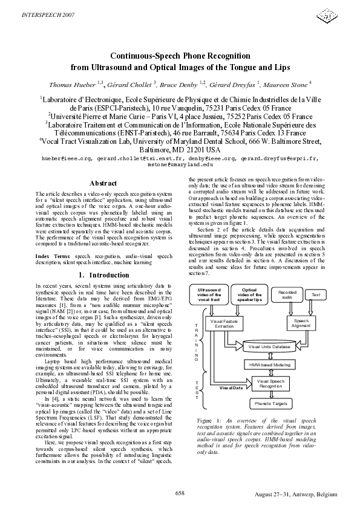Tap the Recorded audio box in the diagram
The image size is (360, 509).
(287, 294)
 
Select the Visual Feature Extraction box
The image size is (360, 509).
(224, 323)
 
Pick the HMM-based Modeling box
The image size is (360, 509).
(270, 365)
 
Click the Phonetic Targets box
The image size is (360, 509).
(270, 403)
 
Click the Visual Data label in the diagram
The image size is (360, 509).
(231, 387)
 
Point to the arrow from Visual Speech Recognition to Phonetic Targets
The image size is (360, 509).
(270, 394)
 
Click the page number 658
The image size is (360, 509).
(180, 493)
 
